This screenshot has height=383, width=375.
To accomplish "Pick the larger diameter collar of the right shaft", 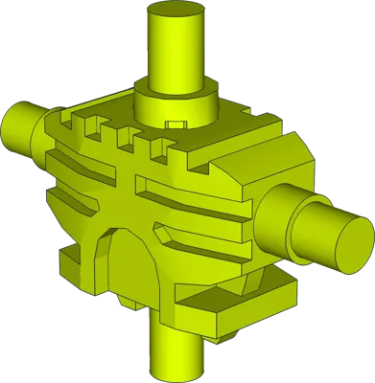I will click(x=284, y=216).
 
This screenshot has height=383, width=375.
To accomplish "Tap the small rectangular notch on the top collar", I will click(x=175, y=124).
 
